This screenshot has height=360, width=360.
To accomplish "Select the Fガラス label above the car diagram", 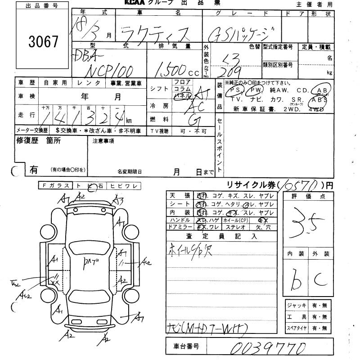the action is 55,186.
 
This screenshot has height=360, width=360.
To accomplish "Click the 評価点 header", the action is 308,197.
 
